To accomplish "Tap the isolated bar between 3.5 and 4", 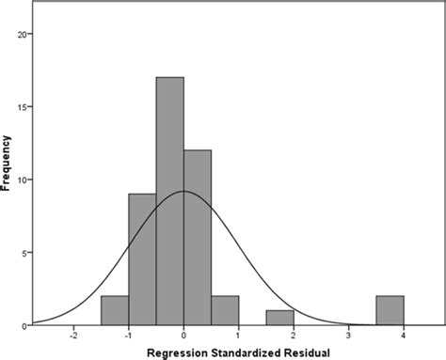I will pyautogui.click(x=390, y=310).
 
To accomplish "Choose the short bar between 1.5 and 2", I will pyautogui.click(x=279, y=318).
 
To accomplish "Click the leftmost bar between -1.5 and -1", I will pyautogui.click(x=115, y=310).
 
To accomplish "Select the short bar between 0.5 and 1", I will pyautogui.click(x=225, y=310).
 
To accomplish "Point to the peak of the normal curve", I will pyautogui.click(x=183, y=192).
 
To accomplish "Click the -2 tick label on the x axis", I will pyautogui.click(x=72, y=335).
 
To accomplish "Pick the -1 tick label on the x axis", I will pyautogui.click(x=127, y=335).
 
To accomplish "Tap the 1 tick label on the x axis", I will pyautogui.click(x=239, y=335).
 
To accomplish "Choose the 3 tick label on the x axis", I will pyautogui.click(x=349, y=335).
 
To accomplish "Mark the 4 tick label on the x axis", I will pyautogui.click(x=404, y=335).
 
